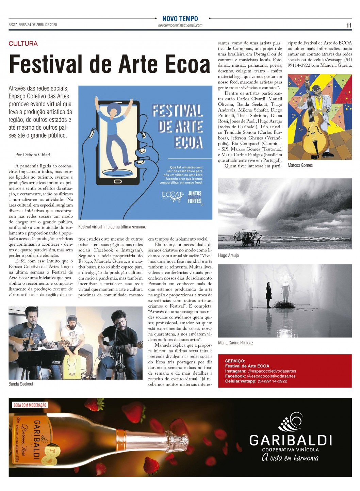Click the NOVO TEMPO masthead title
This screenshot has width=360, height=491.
(x=180, y=19)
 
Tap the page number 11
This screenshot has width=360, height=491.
(x=349, y=26)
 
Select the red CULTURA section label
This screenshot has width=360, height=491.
(x=23, y=44)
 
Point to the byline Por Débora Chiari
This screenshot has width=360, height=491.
(x=33, y=154)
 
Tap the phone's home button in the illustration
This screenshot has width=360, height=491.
(x=118, y=181)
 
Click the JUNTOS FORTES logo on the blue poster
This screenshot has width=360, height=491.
(x=195, y=197)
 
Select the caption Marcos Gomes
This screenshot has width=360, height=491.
(x=300, y=165)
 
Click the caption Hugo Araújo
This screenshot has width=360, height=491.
(x=228, y=255)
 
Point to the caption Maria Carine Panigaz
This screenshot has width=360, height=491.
(x=235, y=343)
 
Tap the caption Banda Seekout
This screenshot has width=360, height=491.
(x=21, y=384)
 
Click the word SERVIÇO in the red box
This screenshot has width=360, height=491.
(x=235, y=361)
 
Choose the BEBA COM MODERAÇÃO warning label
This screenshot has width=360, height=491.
(x=30, y=405)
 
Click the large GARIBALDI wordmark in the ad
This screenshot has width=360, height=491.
(x=290, y=440)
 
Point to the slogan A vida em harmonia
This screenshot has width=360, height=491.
(x=290, y=458)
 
